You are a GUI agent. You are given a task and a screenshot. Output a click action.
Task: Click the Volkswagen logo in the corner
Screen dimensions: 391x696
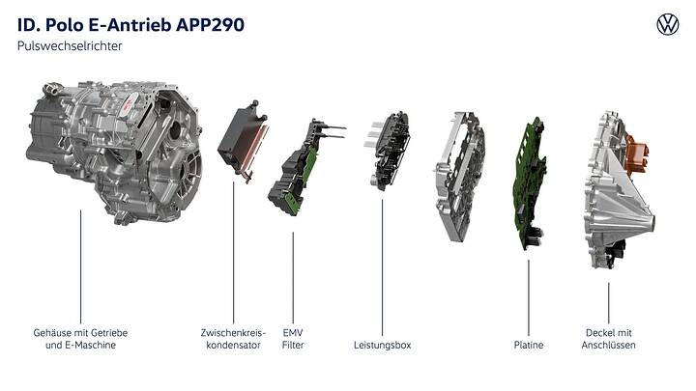click(668, 25)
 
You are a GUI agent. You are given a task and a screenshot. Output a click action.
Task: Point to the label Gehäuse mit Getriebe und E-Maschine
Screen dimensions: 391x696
click(80, 339)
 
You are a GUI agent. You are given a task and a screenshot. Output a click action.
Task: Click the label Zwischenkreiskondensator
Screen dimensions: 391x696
click(233, 339)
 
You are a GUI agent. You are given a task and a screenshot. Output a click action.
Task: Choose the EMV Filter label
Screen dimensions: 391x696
click(293, 339)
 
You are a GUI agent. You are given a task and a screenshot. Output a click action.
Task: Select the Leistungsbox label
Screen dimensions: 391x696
click(382, 345)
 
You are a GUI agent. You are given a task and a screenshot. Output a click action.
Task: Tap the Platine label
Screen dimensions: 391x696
click(528, 345)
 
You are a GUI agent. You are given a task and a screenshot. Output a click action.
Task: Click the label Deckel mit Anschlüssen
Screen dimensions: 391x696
click(610, 339)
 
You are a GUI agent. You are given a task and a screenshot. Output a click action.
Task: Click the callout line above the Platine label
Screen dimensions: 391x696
click(528, 294)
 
